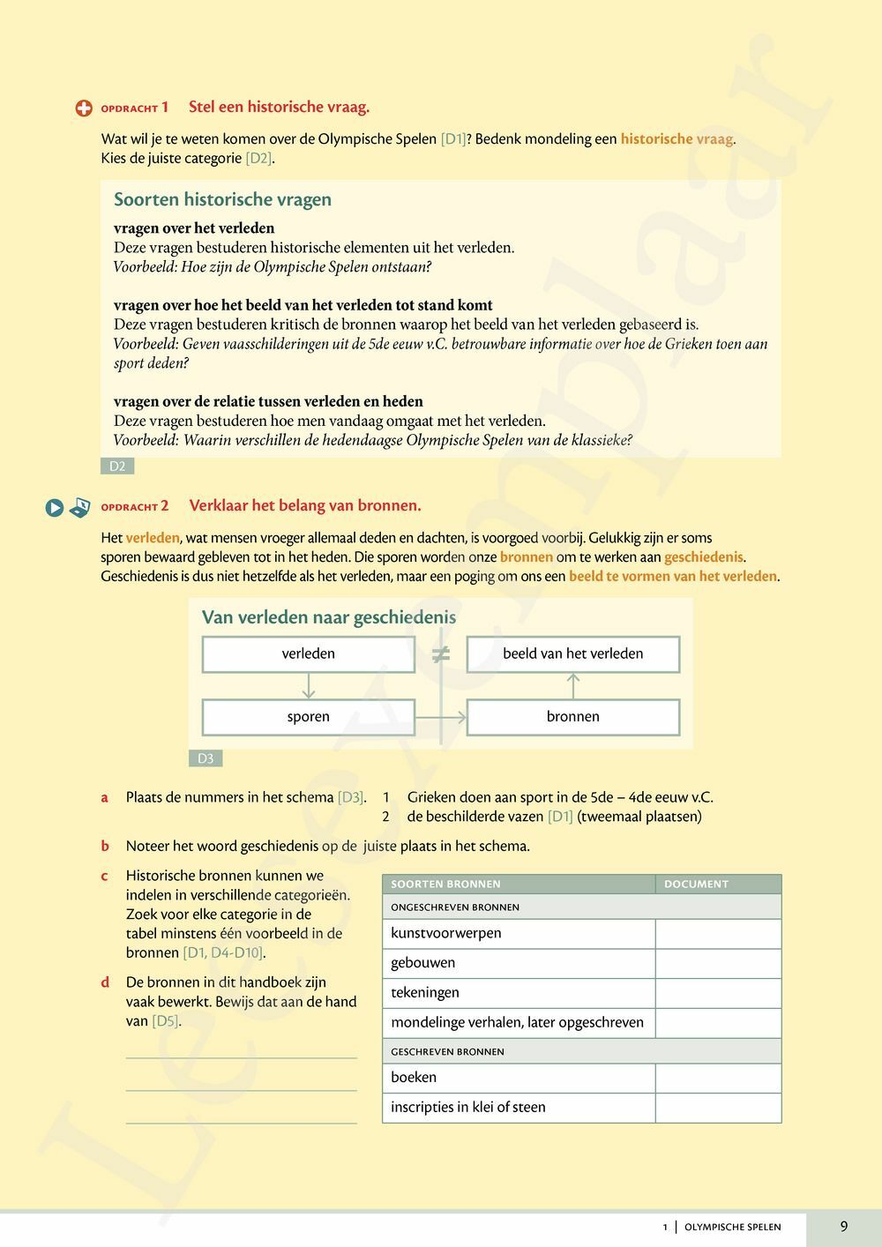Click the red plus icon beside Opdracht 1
point(84,108)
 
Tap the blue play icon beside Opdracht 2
point(55,507)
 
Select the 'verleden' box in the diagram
point(308,654)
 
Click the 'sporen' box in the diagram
point(308,717)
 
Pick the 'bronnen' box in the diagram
point(572,717)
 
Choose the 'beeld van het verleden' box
point(572,654)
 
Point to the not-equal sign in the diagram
point(441,654)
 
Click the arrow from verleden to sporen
point(308,686)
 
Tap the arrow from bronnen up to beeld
point(573,686)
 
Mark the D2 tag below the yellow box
point(117,467)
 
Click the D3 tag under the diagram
point(206,758)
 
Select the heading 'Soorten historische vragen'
point(222,200)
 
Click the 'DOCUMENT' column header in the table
point(696,884)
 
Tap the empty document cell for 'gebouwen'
point(718,963)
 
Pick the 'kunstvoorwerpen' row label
point(446,933)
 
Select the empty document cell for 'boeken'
point(718,1078)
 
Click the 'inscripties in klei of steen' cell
point(468,1108)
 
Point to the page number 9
point(844,1226)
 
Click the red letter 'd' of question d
point(105,982)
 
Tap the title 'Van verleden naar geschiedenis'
point(329,617)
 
